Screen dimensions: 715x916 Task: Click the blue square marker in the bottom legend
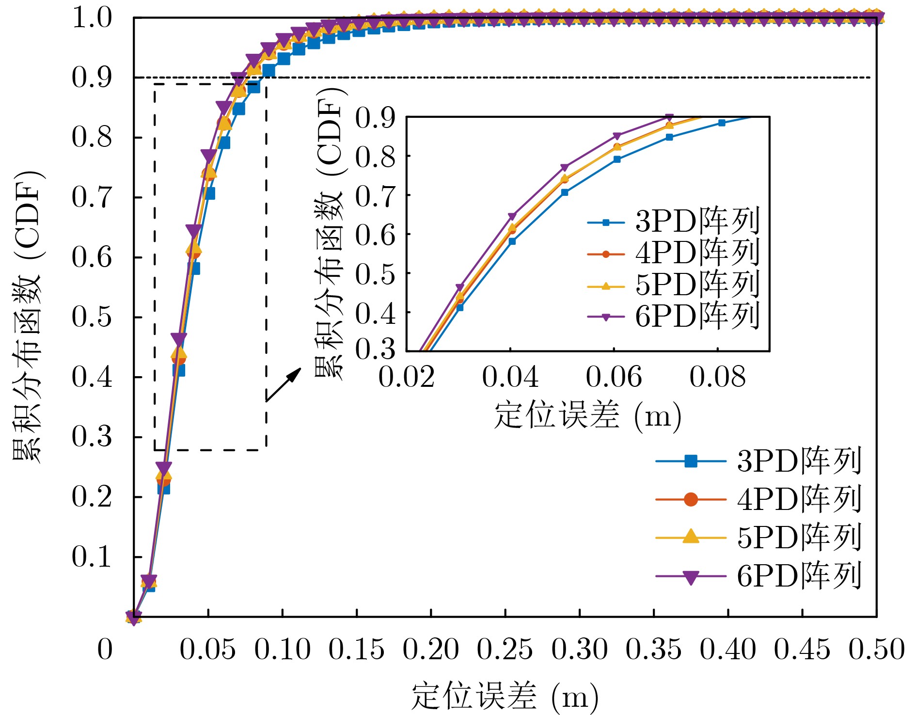tap(691, 461)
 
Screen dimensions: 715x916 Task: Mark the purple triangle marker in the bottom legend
tap(691, 577)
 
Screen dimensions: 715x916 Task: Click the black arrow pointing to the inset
tap(284, 384)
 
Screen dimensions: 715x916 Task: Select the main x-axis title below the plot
tap(505, 697)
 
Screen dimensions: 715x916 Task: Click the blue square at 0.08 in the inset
tap(722, 123)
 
